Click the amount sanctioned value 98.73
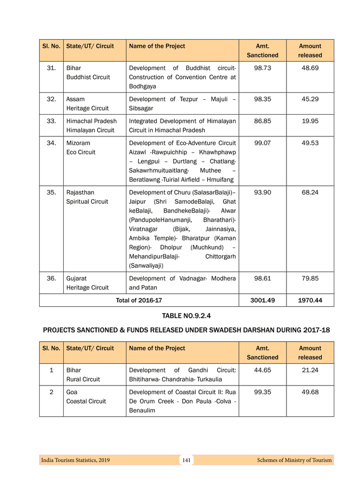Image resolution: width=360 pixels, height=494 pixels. coord(263,68)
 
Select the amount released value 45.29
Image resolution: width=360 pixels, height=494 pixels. coord(310,99)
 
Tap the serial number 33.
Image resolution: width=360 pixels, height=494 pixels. coord(51,121)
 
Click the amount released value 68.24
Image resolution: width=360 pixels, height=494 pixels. coord(310,192)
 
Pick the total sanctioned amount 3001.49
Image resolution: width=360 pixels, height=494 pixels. coord(263,300)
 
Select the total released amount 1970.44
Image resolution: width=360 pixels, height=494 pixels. coord(310,300)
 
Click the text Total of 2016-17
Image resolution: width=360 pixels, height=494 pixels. coord(139,300)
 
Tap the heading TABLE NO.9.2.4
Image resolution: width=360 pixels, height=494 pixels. coord(186,316)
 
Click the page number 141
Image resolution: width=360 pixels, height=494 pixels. coord(186,460)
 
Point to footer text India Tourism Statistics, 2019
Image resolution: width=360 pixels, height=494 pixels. coord(76,460)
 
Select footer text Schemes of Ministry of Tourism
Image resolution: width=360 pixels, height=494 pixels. coord(294,460)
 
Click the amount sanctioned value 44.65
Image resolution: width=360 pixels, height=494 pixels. coord(263,370)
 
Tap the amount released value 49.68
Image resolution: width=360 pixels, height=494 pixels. coord(310,392)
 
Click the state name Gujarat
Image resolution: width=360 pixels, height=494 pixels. coord(77,278)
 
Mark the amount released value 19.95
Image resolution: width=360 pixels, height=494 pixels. coord(310,121)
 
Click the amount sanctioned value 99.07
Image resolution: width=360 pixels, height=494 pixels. coord(263,143)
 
